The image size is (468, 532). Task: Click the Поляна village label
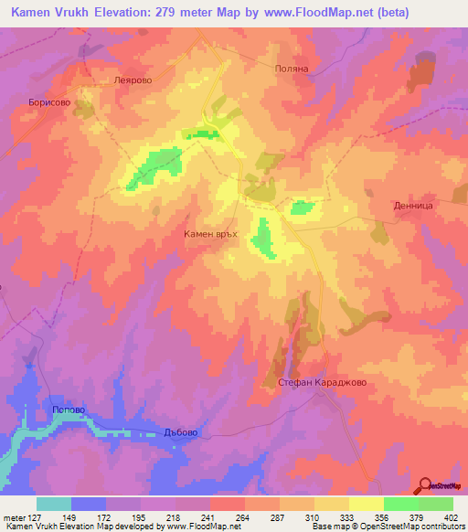click(x=293, y=69)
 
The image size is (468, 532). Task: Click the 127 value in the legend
click(x=34, y=517)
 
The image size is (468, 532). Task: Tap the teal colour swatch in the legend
click(x=54, y=504)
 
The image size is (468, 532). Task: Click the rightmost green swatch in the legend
click(x=436, y=504)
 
